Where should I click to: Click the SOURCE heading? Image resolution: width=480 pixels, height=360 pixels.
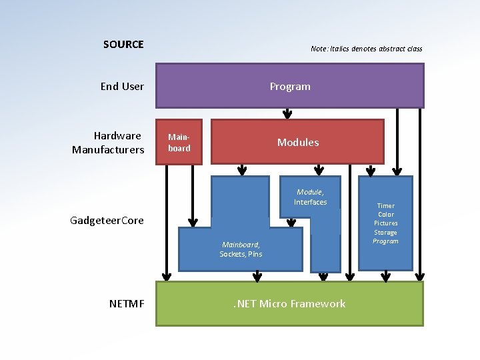pos(123,45)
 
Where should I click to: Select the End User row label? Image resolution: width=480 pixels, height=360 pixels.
pos(122,86)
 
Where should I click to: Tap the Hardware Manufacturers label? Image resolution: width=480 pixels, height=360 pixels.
pos(109,143)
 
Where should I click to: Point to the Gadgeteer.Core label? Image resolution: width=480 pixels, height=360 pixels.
pos(107,221)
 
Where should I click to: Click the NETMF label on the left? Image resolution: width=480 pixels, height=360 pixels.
pos(126,304)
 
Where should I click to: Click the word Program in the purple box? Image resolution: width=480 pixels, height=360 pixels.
pos(290,86)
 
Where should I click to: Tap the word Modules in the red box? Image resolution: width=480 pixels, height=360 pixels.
pos(298,143)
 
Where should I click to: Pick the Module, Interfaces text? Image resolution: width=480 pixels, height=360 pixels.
pos(310,197)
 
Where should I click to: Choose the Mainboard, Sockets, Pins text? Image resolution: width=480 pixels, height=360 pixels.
pos(241,249)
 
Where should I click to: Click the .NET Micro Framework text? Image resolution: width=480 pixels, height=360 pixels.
pos(289,304)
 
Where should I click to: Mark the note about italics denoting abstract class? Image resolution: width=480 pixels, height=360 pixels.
pos(366,49)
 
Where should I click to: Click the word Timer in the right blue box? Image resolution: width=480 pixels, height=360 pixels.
pos(385,206)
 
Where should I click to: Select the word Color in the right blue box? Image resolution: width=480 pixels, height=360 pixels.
pos(385,215)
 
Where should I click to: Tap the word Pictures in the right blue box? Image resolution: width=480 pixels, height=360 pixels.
pos(385,223)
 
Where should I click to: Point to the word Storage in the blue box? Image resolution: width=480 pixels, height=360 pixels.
pos(385,233)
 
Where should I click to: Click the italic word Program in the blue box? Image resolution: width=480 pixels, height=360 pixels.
pos(385,241)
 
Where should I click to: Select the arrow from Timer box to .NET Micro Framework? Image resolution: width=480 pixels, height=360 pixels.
pos(385,275)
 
